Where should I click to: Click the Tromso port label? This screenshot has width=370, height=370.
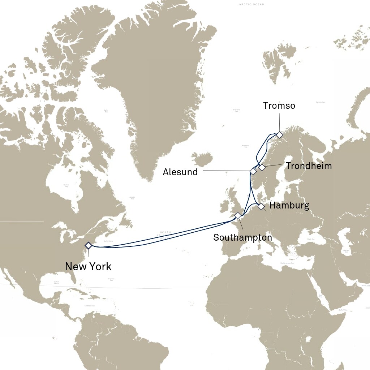point(279,106)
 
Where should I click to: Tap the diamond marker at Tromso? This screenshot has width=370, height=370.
point(279,135)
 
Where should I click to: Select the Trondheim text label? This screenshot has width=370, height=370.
point(309,166)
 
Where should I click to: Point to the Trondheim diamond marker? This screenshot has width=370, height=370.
point(262,167)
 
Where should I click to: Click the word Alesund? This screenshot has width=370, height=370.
point(180,172)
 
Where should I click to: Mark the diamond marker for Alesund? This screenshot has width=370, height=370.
point(253,171)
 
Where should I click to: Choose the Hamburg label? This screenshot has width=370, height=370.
point(289,206)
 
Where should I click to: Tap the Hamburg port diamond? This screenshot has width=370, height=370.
point(261,206)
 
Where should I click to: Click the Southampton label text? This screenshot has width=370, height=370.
point(242,237)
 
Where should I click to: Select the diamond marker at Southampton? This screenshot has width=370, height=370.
point(237,215)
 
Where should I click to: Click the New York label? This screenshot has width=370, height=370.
point(88,267)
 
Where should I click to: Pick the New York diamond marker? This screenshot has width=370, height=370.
point(88,245)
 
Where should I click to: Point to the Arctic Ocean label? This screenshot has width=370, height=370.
point(251,4)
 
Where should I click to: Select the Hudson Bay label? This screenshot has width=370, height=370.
point(66,185)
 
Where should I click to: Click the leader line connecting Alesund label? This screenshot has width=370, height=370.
point(224,171)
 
